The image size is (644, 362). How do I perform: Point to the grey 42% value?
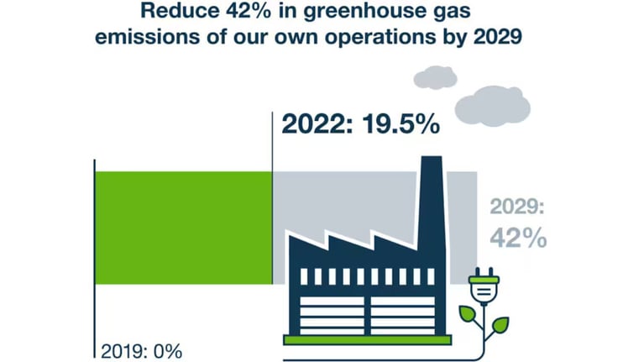[518, 237]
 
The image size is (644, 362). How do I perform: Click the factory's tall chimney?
[430, 202]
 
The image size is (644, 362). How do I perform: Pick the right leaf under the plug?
[499, 323]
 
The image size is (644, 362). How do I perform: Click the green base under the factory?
[367, 339]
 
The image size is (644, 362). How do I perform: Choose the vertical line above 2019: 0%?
[95, 252]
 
